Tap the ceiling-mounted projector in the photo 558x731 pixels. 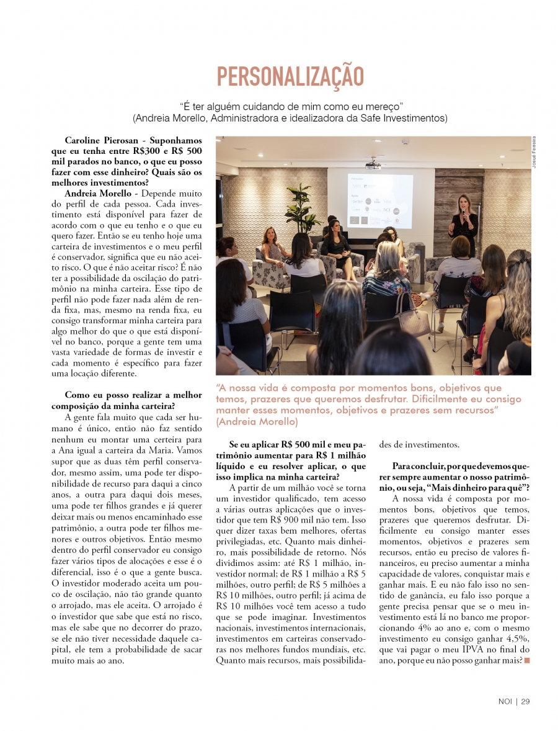click(372, 165)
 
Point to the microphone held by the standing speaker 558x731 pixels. click(462, 213)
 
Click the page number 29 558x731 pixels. click(525, 702)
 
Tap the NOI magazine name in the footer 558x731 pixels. click(505, 702)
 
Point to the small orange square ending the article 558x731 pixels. click(527, 660)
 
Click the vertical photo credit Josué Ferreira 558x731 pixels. click(533, 152)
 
